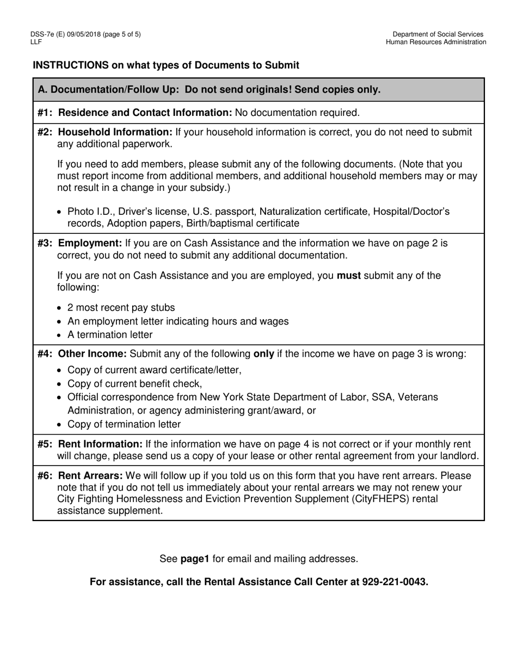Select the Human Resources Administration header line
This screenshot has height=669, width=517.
point(436,42)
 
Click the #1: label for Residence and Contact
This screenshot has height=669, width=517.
point(46,113)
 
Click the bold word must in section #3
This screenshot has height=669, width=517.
point(349,275)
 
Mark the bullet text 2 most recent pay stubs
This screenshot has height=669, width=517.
point(121,307)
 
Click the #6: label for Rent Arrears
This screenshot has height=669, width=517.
point(46,475)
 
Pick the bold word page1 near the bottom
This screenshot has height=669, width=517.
point(195,559)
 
